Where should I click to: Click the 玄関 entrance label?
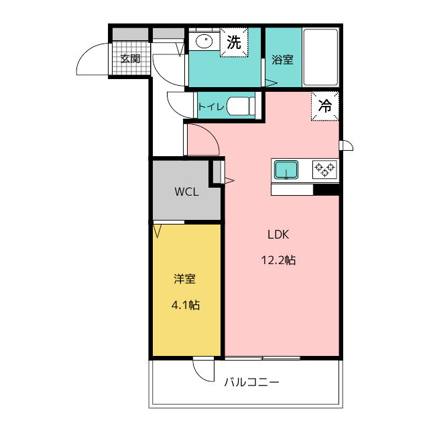click(130, 58)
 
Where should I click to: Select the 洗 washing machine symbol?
click(234, 42)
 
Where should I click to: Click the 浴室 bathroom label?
click(282, 60)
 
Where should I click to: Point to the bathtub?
click(320, 57)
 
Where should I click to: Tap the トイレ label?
click(211, 106)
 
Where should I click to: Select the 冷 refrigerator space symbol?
click(325, 106)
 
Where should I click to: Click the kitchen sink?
click(286, 170)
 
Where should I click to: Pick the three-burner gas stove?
click(324, 170)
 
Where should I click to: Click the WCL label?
click(186, 192)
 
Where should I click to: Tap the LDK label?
click(278, 235)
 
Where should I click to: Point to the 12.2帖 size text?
click(279, 260)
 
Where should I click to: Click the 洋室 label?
click(185, 279)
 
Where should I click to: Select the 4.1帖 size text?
click(186, 305)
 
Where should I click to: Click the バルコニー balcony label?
click(252, 382)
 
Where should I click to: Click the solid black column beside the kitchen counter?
click(326, 190)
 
